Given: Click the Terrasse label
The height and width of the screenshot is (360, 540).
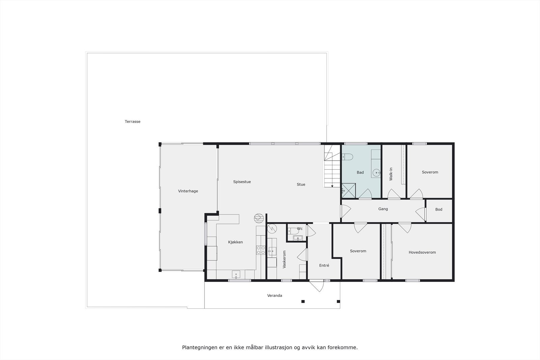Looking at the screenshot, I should pos(132,121).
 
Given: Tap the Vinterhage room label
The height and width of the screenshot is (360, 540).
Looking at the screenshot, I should pos(188,191).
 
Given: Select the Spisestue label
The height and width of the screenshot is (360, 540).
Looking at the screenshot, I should pos(242,182).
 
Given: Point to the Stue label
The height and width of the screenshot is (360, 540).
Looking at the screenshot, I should pos(301,185).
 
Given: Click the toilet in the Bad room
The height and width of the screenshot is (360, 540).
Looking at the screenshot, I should pos(347,157).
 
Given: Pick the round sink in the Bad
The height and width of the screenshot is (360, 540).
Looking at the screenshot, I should pos(376,173).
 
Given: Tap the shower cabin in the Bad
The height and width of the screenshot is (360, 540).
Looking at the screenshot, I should pos(348,190).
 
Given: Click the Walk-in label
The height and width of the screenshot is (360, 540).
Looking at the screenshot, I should pos(391,174).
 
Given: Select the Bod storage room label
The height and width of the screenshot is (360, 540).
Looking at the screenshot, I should pos(438,210).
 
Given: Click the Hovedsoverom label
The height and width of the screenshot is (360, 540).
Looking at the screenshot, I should pos(422,252).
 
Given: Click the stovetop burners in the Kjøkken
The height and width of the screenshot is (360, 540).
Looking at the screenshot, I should pos(261,250).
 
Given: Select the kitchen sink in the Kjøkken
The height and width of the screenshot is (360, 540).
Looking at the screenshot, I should pos(236,274).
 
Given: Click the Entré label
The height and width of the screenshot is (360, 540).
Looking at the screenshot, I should pos(324,266).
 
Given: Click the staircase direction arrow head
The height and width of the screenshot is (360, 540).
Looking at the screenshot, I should pos(332,186).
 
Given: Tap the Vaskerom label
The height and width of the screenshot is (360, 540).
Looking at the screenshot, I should pos(284,259).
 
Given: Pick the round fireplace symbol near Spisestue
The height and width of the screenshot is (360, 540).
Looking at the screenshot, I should pos(258,218).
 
